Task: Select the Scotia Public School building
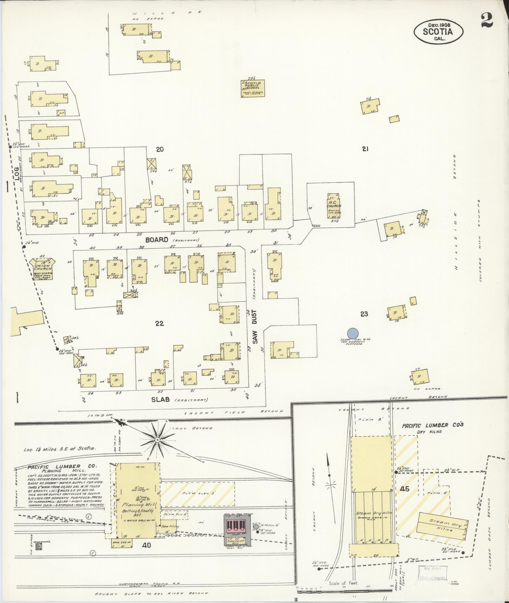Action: point(253,89)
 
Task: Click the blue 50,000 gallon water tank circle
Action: point(352,333)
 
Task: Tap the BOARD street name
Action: point(157,240)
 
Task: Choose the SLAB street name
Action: point(161,399)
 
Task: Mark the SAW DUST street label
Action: point(255,327)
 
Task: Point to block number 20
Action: point(160,149)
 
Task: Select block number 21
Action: point(365,149)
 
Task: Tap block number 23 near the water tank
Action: point(364,314)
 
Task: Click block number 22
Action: point(159,323)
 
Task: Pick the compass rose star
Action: point(157,439)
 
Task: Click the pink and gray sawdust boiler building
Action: point(238,530)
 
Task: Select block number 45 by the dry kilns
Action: point(404,489)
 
